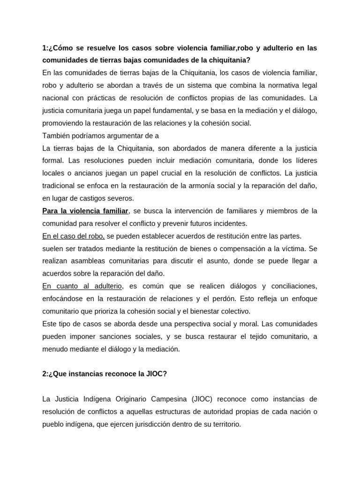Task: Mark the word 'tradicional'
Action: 60,186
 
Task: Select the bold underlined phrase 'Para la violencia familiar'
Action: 85,211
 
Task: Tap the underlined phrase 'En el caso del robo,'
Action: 74,236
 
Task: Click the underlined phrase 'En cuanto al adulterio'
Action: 82,286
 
